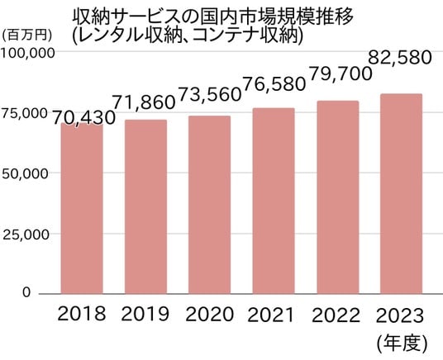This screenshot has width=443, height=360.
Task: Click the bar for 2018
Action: point(82,209)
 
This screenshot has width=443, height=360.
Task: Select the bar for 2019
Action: point(145,207)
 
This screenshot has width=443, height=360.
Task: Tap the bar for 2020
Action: point(210,205)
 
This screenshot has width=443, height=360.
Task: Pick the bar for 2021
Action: point(274,201)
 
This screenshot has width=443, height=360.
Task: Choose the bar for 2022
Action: point(337,197)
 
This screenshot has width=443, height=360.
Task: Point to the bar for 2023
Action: point(401,194)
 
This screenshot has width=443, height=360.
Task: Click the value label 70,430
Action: point(84,118)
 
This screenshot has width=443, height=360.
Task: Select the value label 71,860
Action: point(144,102)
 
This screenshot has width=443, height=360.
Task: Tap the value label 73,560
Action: point(210,94)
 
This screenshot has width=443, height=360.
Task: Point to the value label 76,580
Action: point(274,84)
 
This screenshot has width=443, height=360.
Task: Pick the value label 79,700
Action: point(341,73)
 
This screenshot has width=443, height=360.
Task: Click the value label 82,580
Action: point(400,57)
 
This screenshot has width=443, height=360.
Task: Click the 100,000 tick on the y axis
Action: point(27,53)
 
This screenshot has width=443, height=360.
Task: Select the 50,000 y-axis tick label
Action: point(25,173)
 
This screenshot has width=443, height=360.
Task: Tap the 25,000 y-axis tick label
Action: point(26,234)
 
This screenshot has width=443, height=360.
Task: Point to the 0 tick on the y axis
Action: point(26,292)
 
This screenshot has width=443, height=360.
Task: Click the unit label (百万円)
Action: point(27,36)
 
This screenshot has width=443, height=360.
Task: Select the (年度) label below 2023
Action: point(402,344)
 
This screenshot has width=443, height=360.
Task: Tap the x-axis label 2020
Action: point(210,314)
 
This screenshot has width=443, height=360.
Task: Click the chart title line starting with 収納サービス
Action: point(213,17)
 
